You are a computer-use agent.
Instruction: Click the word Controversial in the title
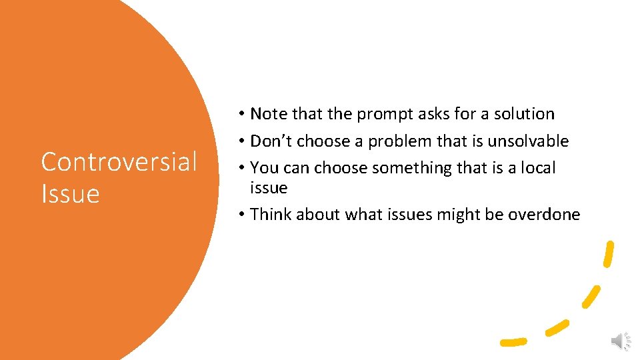point(119,161)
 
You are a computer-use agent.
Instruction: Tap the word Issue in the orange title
point(70,194)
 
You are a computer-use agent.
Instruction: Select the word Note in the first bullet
point(269,114)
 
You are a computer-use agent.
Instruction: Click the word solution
point(524,114)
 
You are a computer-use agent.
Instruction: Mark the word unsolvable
point(528,141)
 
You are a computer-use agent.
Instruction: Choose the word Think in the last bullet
point(271,215)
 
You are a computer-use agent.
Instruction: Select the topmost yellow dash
point(608,254)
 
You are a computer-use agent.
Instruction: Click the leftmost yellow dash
point(513,341)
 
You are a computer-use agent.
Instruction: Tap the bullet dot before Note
point(240,114)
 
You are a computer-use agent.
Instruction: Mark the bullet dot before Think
point(240,215)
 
